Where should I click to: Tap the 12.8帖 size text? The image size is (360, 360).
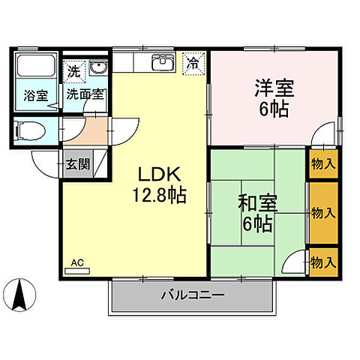click(x=160, y=196)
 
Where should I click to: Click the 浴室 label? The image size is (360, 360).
click(x=34, y=95)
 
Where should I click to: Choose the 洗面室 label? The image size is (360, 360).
click(x=85, y=95)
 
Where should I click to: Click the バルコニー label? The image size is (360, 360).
click(x=192, y=295)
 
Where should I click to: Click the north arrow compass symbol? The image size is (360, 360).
click(x=21, y=294)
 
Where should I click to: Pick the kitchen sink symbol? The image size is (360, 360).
click(x=163, y=63)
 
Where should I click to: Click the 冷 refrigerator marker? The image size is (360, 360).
click(x=193, y=63)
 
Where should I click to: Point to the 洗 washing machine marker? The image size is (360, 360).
click(x=73, y=72)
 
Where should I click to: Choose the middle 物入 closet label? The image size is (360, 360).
click(x=323, y=213)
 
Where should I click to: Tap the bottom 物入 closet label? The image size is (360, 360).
click(x=323, y=262)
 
